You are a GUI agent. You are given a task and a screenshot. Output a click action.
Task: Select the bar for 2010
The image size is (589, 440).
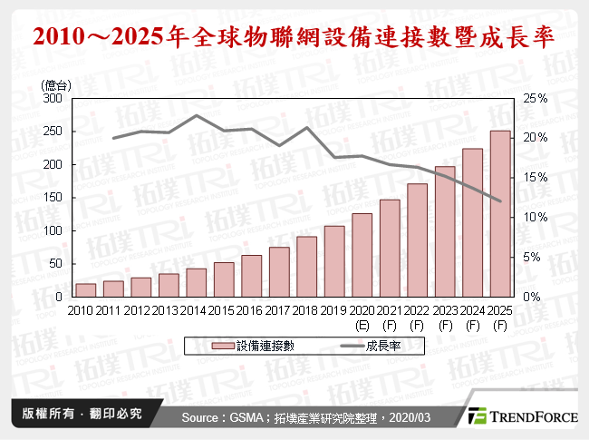tap(86, 290)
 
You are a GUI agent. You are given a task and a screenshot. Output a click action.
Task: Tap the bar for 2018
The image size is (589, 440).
tap(307, 267)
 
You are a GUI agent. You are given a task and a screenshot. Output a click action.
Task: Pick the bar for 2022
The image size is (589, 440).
tap(417, 240)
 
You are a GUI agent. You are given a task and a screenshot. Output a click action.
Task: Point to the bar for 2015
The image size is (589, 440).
tap(224, 279)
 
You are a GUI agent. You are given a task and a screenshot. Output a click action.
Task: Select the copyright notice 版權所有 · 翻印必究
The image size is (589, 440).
tap(82, 414)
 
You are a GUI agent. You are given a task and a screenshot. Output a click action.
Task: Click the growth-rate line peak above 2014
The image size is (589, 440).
tap(197, 115)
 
